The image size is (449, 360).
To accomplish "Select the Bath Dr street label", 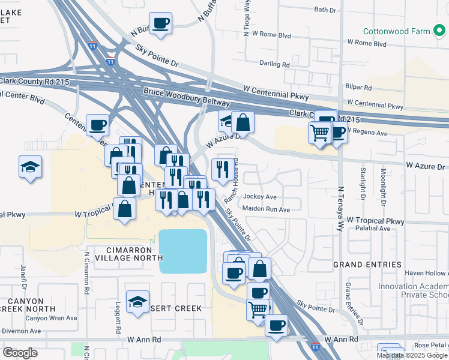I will click(326, 10).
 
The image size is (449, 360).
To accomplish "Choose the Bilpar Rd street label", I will click(359, 87).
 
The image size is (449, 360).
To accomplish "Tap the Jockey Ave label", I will click(260, 197).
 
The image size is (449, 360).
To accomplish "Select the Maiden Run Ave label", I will click(266, 209).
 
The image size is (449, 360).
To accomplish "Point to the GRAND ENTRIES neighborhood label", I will click(367, 265).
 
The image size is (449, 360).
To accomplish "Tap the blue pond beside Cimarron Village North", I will click(182, 250).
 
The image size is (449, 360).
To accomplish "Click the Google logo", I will click(20, 352).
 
